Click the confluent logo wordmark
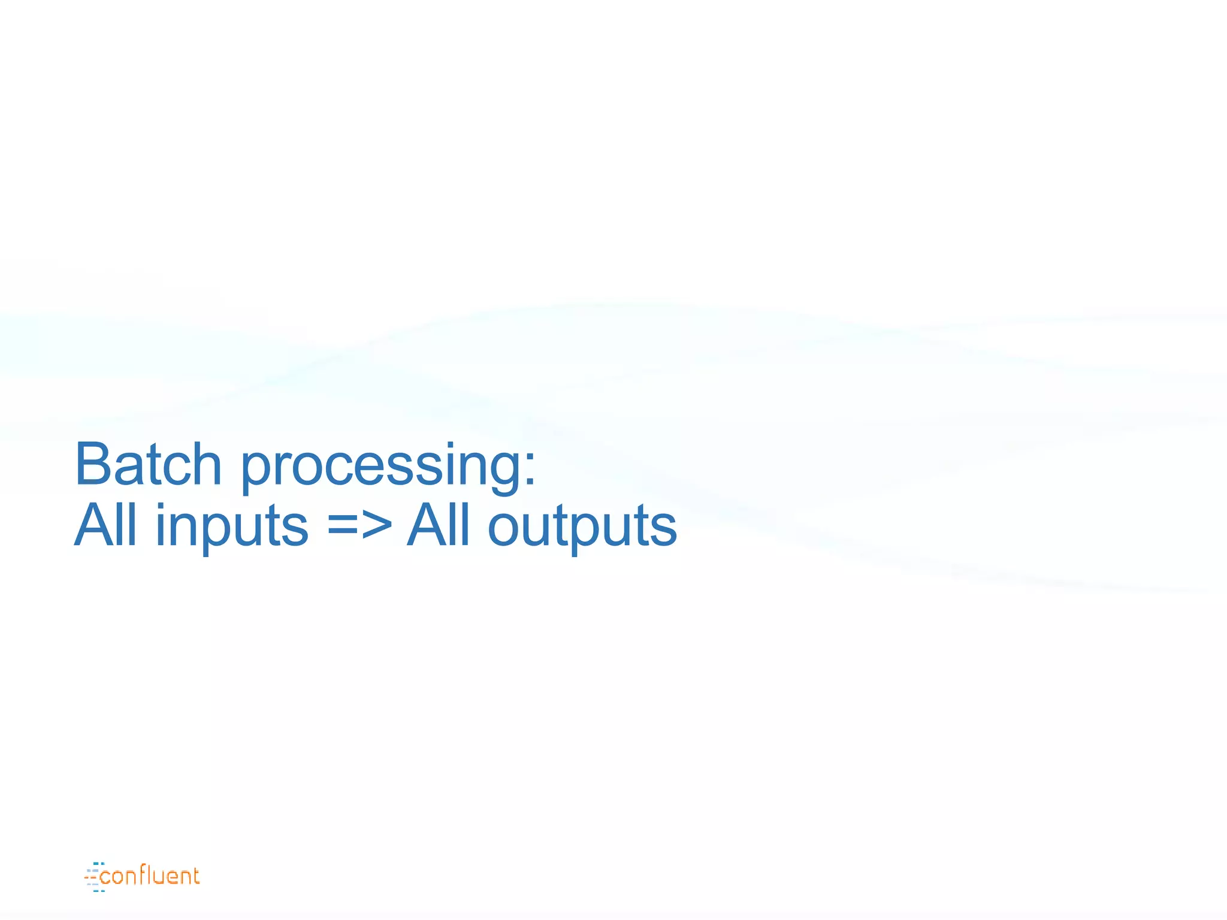coord(149,876)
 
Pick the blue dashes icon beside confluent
coord(93,877)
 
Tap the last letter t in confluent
coord(194,876)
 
